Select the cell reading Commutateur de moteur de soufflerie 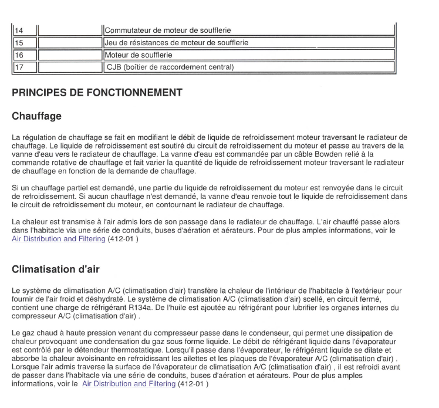pyautogui.click(x=167, y=30)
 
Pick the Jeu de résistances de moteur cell pyautogui.click(x=176, y=42)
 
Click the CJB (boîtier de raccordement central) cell pyautogui.click(x=170, y=67)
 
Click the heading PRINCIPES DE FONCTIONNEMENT pyautogui.click(x=97, y=92)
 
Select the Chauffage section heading pyautogui.click(x=36, y=116)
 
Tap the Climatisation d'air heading pyautogui.click(x=56, y=269)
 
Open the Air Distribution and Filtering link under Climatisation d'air pyautogui.click(x=129, y=384)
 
